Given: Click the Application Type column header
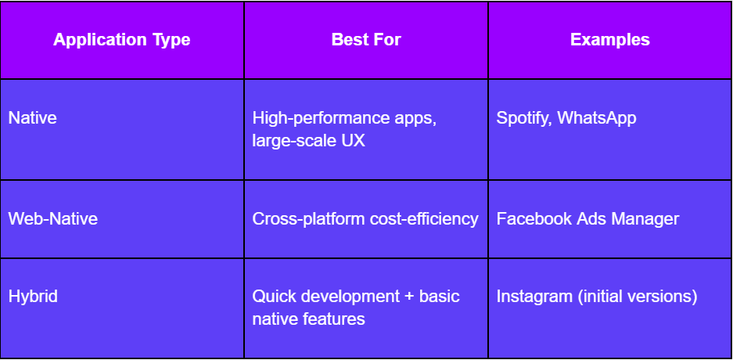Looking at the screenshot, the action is coord(121,40).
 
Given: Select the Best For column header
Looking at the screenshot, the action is coord(366,40).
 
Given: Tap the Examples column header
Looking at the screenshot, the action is coord(610,40).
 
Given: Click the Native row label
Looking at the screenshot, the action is coord(33,117).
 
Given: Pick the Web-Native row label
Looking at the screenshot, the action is coord(53,219).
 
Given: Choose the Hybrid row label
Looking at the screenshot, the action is coord(33,297).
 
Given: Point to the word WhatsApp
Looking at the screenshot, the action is coord(597,118).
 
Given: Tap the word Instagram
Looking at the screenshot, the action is coord(534,297).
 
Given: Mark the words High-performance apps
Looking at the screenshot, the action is coord(344,118).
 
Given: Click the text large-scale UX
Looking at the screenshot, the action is coord(308,141).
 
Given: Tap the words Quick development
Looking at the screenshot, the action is coord(326,297).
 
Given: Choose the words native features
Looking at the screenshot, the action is coord(308,319).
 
